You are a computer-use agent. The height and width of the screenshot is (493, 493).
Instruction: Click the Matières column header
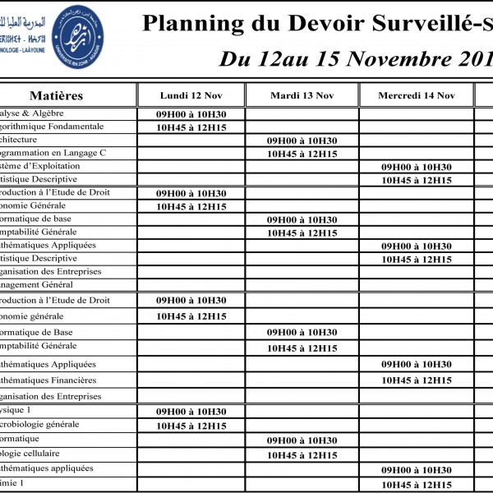click(56, 96)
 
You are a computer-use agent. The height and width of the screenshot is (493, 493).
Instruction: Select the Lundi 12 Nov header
click(191, 95)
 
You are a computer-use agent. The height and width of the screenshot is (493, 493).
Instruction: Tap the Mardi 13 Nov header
click(302, 95)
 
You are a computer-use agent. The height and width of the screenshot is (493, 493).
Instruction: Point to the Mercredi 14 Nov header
click(417, 95)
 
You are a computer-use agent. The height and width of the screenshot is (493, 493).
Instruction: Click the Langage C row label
click(53, 153)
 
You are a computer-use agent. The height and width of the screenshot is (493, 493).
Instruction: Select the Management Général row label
click(37, 284)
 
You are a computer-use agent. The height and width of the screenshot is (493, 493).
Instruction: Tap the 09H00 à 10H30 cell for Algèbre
click(191, 114)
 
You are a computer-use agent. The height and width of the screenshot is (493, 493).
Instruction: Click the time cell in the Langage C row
click(302, 154)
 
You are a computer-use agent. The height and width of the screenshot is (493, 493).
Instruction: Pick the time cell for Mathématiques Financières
click(417, 380)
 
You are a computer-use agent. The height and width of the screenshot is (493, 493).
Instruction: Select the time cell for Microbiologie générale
click(191, 426)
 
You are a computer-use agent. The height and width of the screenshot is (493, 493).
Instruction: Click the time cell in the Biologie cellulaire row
click(302, 455)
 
